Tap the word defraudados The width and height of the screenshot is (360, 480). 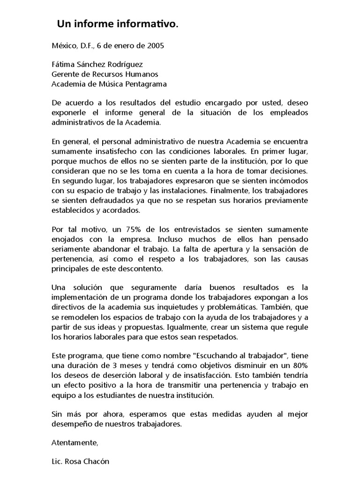(110, 200)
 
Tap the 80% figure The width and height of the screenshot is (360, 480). (299, 366)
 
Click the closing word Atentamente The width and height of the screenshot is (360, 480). (75, 442)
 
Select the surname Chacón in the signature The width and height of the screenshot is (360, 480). (97, 461)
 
